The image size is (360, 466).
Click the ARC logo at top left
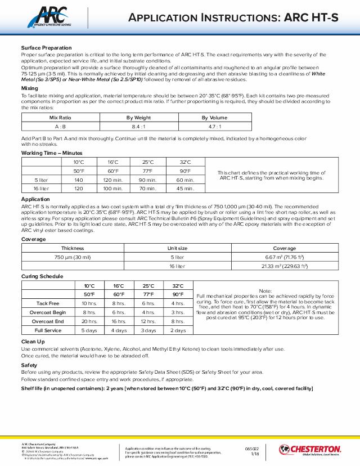click(48, 15)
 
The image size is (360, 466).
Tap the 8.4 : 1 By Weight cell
click(138, 127)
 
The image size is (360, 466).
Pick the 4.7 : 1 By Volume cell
click(214, 127)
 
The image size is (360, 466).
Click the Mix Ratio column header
click(59, 118)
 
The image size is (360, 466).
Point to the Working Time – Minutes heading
click(52, 153)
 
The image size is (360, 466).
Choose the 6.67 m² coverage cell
click(284, 257)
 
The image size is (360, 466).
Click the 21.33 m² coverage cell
click(284, 266)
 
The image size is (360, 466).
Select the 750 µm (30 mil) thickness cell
click(73, 257)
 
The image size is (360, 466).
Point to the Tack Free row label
click(48, 303)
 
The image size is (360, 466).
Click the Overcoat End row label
click(48, 321)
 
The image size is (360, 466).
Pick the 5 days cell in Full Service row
click(89, 330)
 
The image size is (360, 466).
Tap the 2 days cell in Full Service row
click(178, 330)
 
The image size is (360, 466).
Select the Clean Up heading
click(33, 342)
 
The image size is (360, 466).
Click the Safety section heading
click(29, 365)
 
